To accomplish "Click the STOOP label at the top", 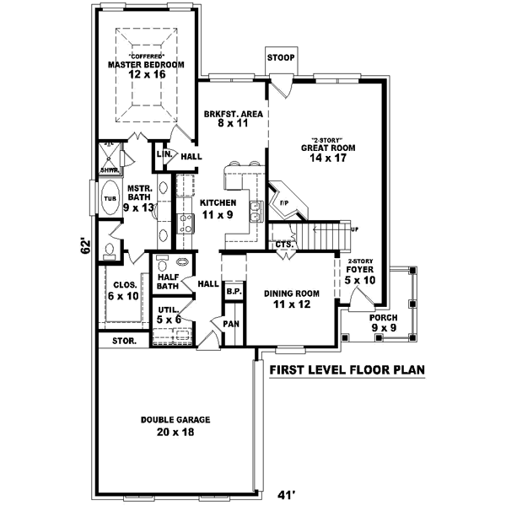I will click(281, 57).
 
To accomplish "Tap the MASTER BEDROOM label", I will click(146, 64).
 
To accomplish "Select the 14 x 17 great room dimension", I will click(327, 157).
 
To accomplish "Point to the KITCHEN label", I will click(218, 202).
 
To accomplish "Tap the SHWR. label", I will click(109, 170).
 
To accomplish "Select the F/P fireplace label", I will click(283, 203).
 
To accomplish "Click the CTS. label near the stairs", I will click(284, 245).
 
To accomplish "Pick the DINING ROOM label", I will click(292, 293).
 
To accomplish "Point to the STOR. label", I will click(124, 342).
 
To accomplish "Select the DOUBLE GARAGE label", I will click(175, 419).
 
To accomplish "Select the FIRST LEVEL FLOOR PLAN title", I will click(347, 369).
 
